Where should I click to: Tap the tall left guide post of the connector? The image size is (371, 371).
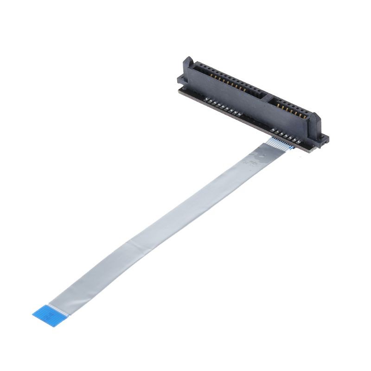point(188,65)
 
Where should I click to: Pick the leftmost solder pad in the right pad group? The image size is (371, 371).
point(274,131)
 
